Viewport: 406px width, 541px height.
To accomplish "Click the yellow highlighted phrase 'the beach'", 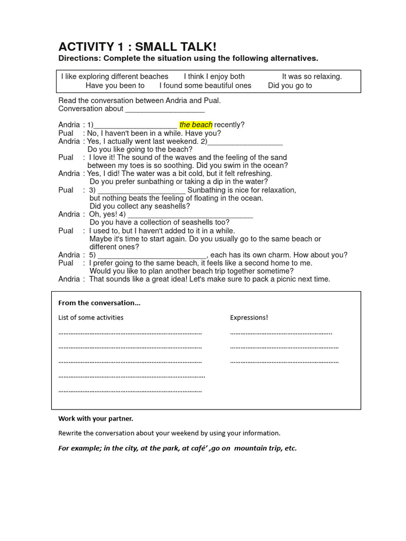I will coord(196,125).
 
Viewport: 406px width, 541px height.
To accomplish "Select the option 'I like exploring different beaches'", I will coord(115,77).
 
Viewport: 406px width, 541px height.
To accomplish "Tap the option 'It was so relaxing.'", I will coord(312,77).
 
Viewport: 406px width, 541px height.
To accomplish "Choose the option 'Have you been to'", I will coord(115,86).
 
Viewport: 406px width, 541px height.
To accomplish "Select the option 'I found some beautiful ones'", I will coord(206,86).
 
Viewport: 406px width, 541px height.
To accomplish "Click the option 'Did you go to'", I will coord(290,86).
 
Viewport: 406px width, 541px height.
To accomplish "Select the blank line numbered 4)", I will coord(190,215).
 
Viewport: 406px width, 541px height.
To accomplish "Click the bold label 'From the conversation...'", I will coord(99,303).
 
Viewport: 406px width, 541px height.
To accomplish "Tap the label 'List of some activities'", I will coord(91,318).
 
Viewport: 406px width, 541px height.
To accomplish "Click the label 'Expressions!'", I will coord(249,318).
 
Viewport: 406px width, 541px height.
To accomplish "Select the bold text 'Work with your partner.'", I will coord(96,418).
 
